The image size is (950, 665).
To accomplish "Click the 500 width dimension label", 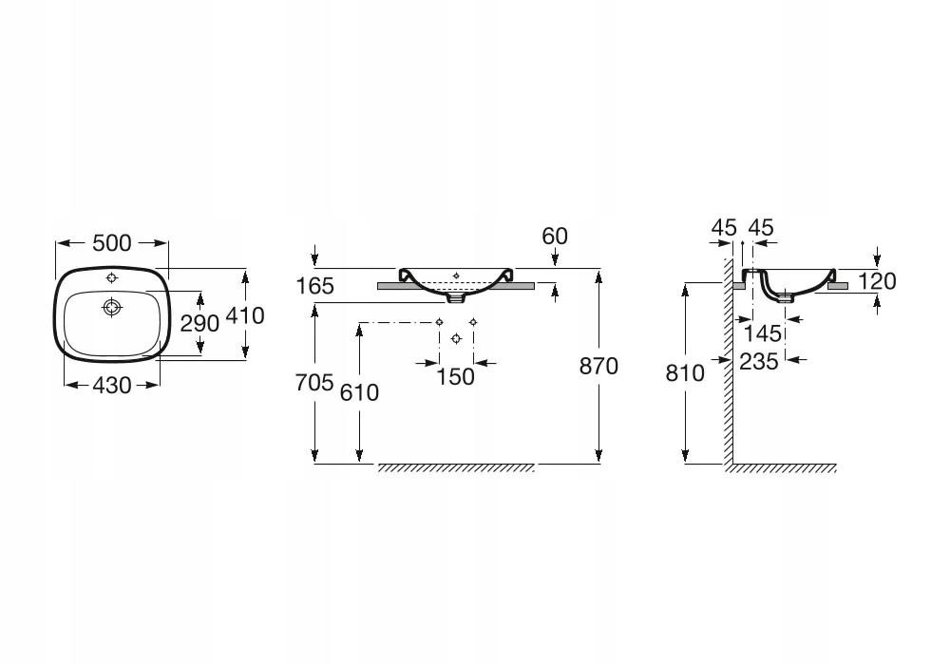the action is (x=111, y=243).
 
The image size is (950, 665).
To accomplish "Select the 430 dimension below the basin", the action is (x=111, y=385).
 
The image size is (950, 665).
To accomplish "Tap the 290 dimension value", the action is (x=199, y=323).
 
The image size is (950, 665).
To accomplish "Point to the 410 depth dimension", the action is (x=245, y=315).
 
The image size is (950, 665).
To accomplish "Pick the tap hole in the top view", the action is (x=111, y=278).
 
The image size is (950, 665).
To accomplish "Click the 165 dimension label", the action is (x=315, y=286).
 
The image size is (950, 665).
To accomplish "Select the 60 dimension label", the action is (x=555, y=236).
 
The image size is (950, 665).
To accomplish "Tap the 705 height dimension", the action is (x=314, y=382).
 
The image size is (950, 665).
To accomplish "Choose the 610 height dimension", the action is (x=359, y=392).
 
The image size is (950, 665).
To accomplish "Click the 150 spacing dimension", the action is (x=456, y=377).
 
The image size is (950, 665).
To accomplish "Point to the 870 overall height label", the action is (x=598, y=366).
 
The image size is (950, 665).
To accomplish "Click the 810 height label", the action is (x=685, y=373).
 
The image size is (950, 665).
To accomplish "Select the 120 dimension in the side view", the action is (x=877, y=281).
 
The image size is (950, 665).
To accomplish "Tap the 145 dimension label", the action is (x=762, y=333).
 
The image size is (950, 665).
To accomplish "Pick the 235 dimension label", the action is (x=758, y=362).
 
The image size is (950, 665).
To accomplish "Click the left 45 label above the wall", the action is (x=724, y=228).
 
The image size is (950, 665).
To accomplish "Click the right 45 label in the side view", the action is (x=761, y=228).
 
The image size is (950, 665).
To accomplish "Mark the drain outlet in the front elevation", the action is (x=456, y=297).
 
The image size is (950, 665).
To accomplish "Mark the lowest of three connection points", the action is (x=457, y=338).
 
